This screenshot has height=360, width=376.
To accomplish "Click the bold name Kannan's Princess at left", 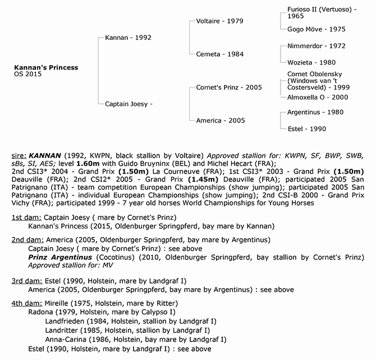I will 46,67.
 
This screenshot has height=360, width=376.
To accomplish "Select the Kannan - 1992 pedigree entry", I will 128,38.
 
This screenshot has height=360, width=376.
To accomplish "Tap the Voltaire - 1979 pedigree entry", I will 219,21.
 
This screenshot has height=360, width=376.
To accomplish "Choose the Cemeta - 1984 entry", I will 219,54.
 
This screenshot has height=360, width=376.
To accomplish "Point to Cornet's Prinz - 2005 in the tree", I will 229,87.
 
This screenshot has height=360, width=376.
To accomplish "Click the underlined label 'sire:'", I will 20,153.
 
